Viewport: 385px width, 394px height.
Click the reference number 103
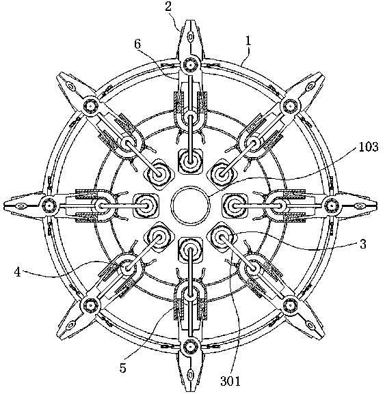coord(368,147)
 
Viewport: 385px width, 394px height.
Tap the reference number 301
coord(230,380)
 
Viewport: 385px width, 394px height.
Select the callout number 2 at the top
coord(168,7)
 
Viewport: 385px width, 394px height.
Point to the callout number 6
coord(137,44)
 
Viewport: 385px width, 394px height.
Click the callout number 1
coord(248,41)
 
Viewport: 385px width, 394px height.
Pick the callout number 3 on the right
coord(362,244)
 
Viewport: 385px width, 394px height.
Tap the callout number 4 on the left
coord(17,272)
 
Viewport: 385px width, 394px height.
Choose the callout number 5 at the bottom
coord(122,368)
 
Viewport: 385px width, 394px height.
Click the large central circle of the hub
coord(190,205)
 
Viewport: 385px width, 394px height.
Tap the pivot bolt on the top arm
coord(191,66)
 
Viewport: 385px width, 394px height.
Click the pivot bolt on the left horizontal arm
coord(49,206)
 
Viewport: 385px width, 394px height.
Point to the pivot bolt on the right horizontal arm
coord(332,206)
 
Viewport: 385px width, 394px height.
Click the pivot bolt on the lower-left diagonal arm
coord(90,305)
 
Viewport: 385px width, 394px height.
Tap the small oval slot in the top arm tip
coord(191,37)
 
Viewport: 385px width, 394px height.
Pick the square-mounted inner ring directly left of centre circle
coord(146,206)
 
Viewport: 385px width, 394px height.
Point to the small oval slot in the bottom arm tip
coord(191,376)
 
